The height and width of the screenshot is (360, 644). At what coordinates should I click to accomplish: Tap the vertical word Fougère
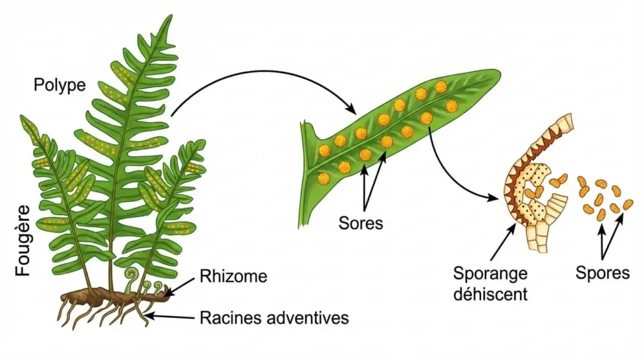coord(23,240)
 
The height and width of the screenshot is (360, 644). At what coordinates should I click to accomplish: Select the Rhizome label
coord(233,276)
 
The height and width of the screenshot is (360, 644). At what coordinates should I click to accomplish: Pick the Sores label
coord(360,223)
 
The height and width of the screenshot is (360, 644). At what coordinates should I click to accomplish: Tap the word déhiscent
coord(490,293)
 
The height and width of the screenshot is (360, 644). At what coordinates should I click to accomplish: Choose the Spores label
coord(602,273)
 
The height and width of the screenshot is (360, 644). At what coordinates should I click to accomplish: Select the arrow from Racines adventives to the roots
coord(170,315)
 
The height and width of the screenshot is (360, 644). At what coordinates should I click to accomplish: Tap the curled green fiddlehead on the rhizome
coord(132,275)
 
